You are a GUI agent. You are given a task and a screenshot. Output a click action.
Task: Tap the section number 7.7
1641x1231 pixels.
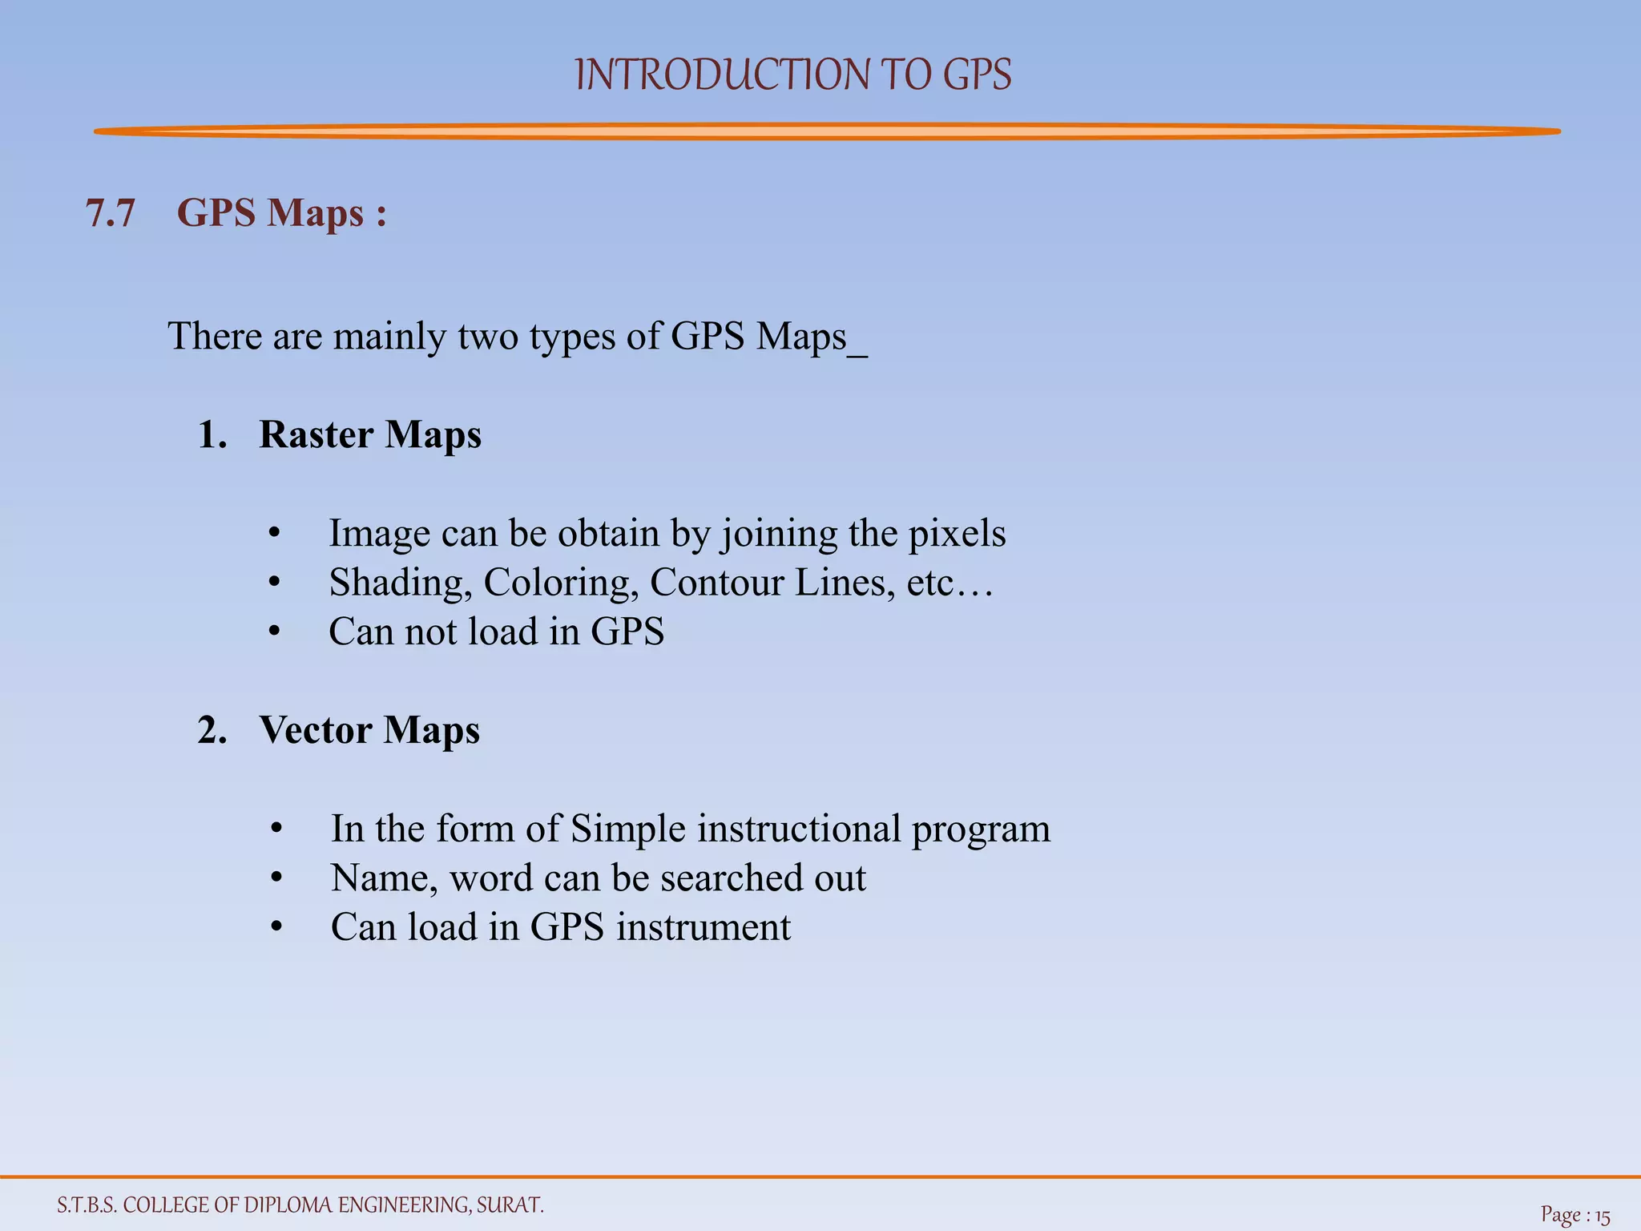pos(111,214)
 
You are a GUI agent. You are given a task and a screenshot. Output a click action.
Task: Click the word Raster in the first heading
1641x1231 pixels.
pos(317,435)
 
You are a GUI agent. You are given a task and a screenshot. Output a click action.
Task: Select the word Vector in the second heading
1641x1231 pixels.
pos(316,731)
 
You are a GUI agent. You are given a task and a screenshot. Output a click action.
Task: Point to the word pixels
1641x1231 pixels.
pos(957,535)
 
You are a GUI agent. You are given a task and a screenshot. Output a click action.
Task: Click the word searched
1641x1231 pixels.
pos(735,878)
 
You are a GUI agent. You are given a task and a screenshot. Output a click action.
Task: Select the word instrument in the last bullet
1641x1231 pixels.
pos(703,928)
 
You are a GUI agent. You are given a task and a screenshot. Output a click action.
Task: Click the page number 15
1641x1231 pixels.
pos(1602,1217)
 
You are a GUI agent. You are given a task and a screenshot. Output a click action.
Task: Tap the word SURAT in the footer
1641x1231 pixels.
pos(510,1205)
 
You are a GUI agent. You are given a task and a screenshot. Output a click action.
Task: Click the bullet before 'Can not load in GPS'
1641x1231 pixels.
pos(275,632)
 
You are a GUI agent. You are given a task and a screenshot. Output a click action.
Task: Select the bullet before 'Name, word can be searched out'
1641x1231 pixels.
pos(276,879)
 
